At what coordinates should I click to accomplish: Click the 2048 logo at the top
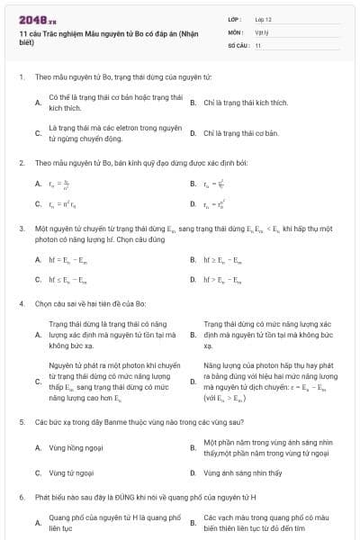(x=33, y=19)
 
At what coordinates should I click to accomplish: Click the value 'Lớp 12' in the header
(x=263, y=19)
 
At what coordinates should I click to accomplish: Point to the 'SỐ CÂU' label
(x=238, y=44)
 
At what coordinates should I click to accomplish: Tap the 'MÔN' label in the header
(x=234, y=31)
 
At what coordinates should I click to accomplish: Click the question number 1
(x=21, y=78)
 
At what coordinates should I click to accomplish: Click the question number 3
(x=21, y=229)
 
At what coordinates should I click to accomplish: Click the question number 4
(x=21, y=303)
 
